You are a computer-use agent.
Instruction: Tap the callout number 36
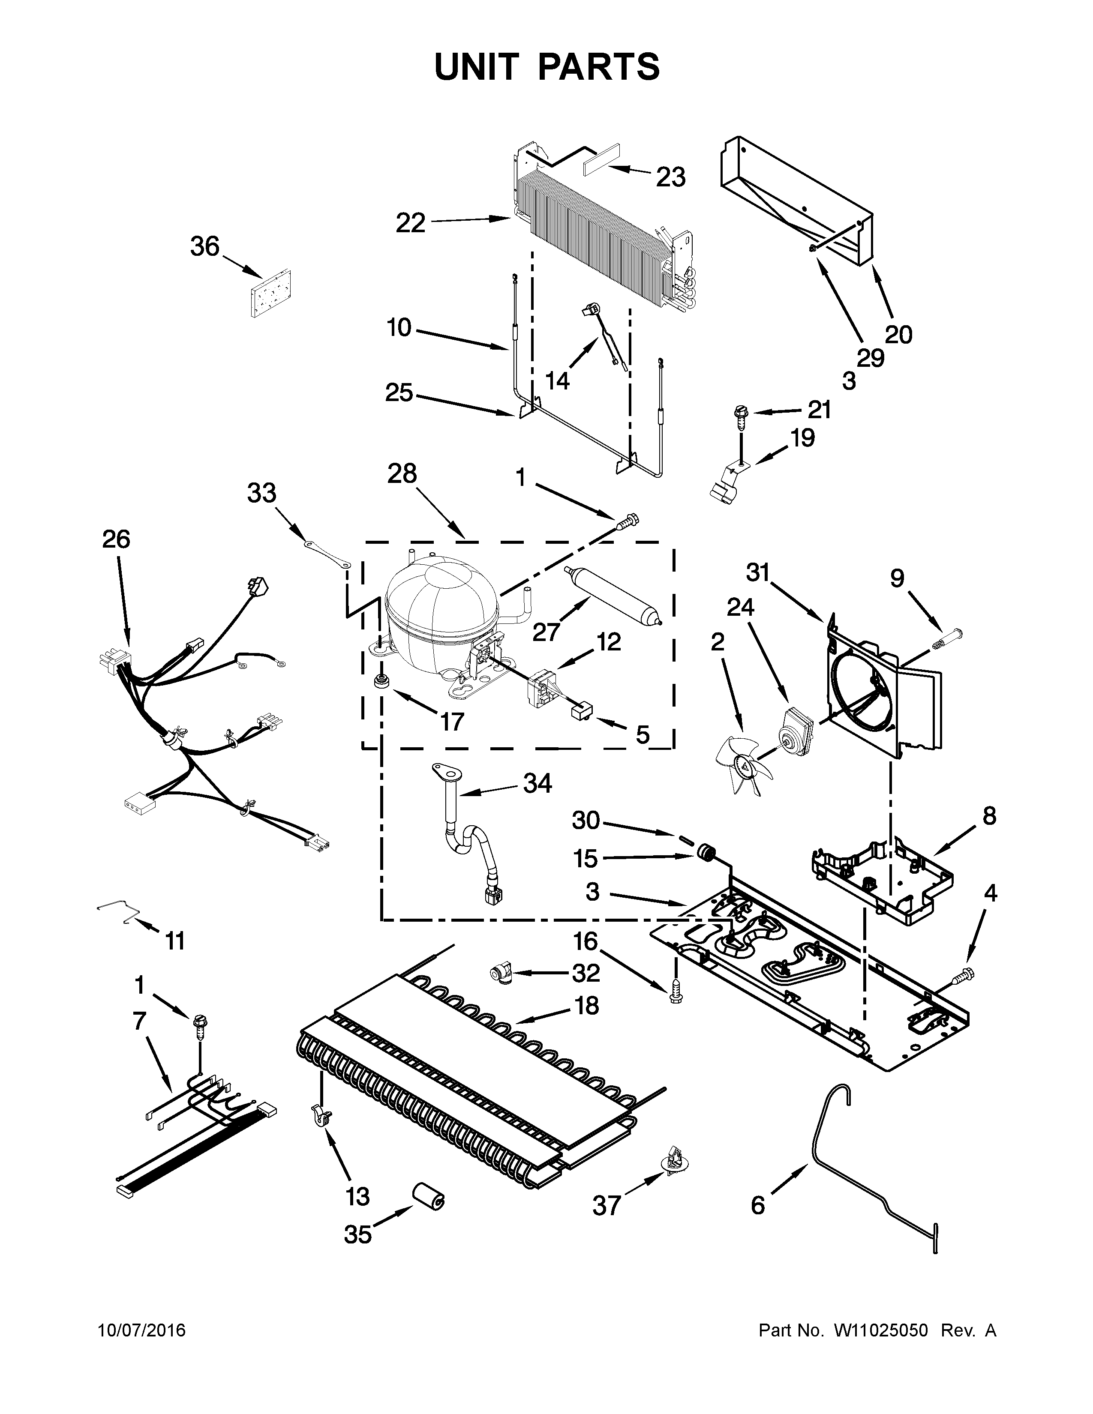tap(204, 247)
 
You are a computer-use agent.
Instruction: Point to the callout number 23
tap(670, 177)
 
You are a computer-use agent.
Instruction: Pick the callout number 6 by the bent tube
tap(757, 1205)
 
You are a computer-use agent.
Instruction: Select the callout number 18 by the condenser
tap(586, 1006)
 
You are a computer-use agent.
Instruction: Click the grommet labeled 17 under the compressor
tap(382, 681)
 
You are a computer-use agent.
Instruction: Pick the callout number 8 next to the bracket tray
tap(989, 816)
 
